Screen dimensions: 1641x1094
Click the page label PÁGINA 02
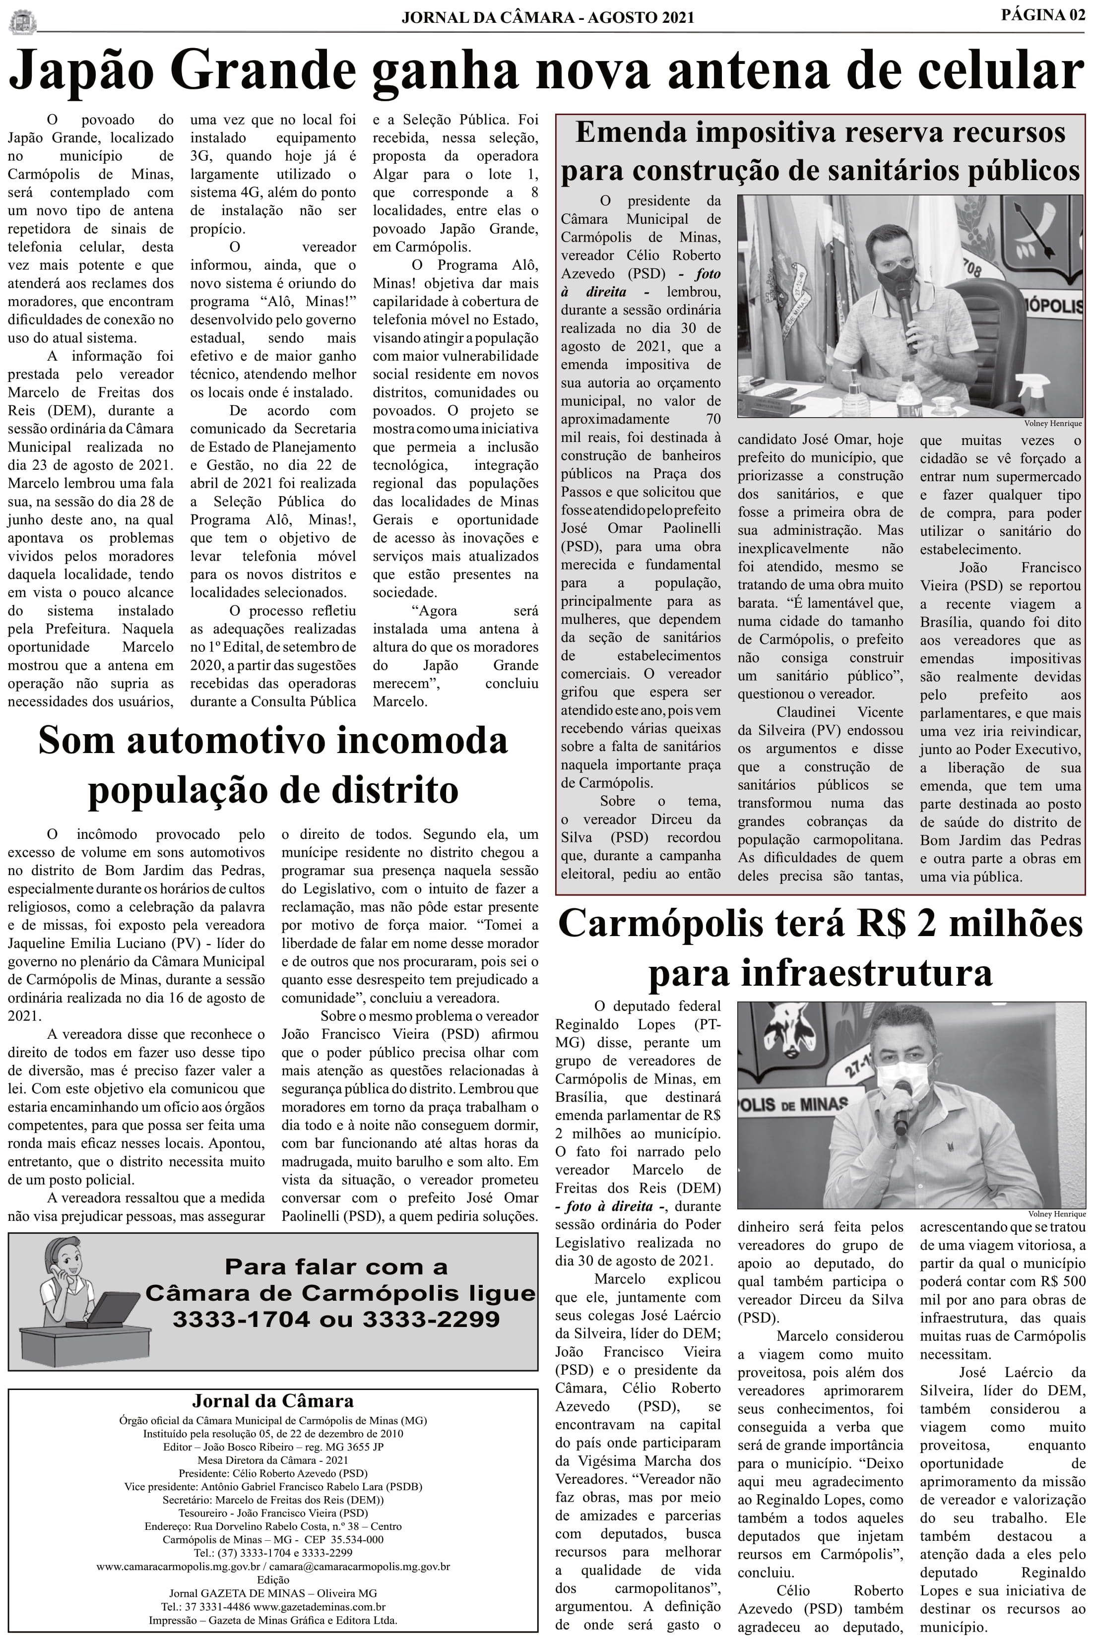click(x=1042, y=15)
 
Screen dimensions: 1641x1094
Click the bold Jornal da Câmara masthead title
click(x=272, y=1401)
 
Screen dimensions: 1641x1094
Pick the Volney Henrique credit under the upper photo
click(x=1053, y=423)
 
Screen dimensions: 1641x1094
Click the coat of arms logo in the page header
click(x=22, y=21)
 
